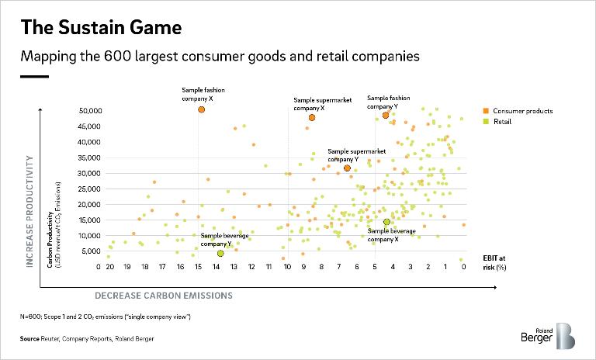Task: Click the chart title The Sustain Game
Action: point(101,28)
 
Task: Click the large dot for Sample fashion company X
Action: point(201,109)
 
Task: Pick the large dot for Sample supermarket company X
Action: point(312,117)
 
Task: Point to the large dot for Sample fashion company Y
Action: point(386,115)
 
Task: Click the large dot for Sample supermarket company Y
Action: point(347,168)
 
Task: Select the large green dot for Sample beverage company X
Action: point(386,222)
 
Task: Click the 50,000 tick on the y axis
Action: point(91,111)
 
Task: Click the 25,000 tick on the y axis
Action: point(91,189)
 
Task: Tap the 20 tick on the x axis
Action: point(111,267)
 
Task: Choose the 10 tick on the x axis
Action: point(287,267)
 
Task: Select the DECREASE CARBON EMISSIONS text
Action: point(164,295)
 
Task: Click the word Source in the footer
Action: point(32,339)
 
